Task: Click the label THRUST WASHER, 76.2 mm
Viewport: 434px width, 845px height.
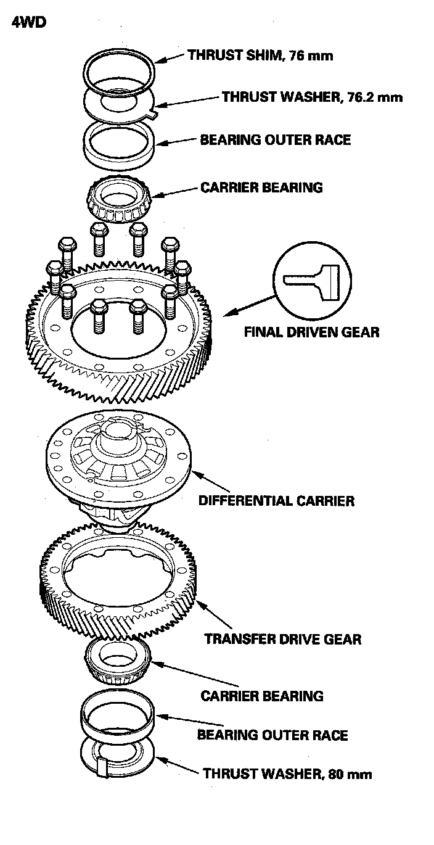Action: [312, 97]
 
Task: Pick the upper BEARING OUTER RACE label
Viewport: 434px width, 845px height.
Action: [275, 139]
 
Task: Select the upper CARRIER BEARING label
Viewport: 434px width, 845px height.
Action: [261, 187]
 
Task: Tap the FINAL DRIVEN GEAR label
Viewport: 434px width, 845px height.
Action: [311, 332]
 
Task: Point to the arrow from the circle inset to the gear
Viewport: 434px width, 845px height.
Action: [250, 306]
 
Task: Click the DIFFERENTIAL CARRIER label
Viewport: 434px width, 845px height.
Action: [276, 500]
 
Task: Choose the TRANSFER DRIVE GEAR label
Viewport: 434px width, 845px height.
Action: [283, 638]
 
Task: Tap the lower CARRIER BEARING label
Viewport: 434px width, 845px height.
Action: [261, 696]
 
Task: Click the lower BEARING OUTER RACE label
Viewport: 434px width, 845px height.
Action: [272, 735]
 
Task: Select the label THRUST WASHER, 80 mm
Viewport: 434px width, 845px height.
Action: [287, 773]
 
